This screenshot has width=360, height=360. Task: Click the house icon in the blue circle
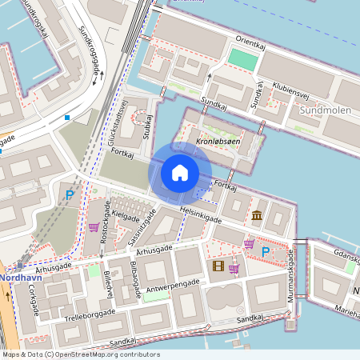tap(180, 172)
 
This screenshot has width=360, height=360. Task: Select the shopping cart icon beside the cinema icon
tap(234, 268)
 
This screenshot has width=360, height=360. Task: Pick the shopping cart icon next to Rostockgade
tap(94, 227)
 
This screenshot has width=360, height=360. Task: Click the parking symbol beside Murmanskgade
tap(266, 252)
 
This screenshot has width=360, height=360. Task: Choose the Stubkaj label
tap(146, 124)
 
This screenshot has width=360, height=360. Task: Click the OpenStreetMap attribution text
tap(80, 354)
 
